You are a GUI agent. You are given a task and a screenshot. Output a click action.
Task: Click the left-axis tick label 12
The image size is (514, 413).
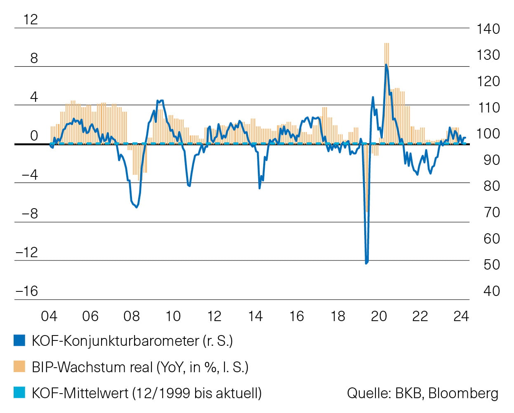coord(31,19)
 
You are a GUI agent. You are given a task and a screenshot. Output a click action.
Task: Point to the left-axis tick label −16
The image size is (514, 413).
coord(27,291)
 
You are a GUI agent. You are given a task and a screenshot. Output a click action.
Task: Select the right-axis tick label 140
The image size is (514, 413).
coord(488,29)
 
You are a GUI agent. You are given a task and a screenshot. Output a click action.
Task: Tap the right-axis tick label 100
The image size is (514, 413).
coord(488,134)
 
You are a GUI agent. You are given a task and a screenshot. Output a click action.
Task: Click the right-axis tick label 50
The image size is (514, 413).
coord(491,265)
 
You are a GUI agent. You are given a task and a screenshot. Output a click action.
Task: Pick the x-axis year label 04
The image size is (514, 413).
coord(49,316)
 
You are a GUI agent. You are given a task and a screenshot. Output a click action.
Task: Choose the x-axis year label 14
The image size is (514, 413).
coord(255,316)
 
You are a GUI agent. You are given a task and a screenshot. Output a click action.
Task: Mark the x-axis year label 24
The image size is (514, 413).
coord(461,316)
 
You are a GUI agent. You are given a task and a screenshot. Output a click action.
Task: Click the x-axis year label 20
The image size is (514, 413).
coord(379,316)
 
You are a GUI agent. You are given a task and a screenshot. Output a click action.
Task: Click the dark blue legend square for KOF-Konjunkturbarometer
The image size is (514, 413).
coord(19,340)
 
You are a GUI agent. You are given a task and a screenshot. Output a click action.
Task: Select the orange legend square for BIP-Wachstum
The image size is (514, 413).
coord(19,366)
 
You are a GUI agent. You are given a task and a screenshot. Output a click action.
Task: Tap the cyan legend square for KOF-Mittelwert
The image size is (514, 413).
coord(19,392)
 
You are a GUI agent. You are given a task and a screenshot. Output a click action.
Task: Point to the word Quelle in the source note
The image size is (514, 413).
coord(369,393)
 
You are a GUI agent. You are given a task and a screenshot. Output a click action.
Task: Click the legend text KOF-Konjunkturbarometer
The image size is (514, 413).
coord(115,341)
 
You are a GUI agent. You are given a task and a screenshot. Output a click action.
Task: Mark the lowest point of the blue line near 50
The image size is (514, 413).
coord(366,263)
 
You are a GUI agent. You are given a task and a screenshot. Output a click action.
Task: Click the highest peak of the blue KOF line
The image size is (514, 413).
coord(386,65)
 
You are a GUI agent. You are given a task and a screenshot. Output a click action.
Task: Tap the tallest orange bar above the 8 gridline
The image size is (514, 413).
coord(387,45)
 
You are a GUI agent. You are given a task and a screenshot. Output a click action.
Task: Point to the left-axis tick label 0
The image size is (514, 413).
coord(34,136)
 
